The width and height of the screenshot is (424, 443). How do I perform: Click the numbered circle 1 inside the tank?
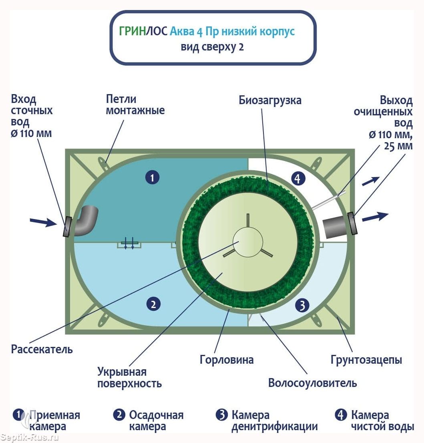pyautogui.click(x=152, y=177)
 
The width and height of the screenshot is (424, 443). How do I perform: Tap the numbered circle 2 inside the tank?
pyautogui.click(x=153, y=304)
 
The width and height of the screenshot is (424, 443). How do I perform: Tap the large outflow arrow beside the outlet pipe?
pyautogui.click(x=375, y=217)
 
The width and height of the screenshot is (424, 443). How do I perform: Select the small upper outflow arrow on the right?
pyautogui.click(x=370, y=180)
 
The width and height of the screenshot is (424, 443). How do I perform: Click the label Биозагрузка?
pyautogui.click(x=270, y=100)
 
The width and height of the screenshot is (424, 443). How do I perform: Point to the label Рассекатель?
pyautogui.click(x=42, y=349)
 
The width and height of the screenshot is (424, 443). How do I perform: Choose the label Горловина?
pyautogui.click(x=227, y=359)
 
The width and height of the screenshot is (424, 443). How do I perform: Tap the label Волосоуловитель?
pyautogui.click(x=312, y=383)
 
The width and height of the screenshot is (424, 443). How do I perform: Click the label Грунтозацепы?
pyautogui.click(x=366, y=359)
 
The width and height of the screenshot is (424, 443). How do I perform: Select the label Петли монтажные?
pyautogui.click(x=135, y=105)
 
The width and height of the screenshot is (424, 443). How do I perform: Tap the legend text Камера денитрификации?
pyautogui.click(x=274, y=421)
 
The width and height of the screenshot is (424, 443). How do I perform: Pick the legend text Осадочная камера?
pyautogui.click(x=156, y=421)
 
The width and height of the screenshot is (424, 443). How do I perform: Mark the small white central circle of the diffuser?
pyautogui.click(x=248, y=242)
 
